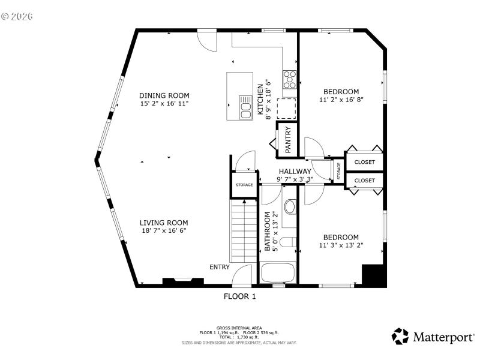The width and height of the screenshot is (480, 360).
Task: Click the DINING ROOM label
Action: pos(164,95)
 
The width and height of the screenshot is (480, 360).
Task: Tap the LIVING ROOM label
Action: pos(164,222)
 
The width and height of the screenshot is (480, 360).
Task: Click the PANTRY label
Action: pos(288,139)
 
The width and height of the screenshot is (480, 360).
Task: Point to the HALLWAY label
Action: pos(295,171)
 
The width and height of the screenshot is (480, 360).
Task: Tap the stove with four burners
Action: pos(290,79)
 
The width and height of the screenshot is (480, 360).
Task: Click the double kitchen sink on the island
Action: pos(246,107)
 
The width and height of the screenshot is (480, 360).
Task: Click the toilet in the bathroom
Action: pos(287,242)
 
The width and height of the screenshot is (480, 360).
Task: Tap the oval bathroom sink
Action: pos(290,208)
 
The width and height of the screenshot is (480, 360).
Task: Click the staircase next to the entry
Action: pos(243,231)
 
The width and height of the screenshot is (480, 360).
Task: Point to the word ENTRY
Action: pos(219,267)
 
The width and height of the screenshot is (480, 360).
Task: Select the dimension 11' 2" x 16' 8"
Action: pos(341,100)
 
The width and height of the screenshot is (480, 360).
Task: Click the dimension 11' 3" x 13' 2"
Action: pos(341,245)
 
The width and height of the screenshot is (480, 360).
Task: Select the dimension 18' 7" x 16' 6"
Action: pos(164,230)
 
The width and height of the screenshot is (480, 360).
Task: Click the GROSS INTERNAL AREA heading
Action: pos(239,328)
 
